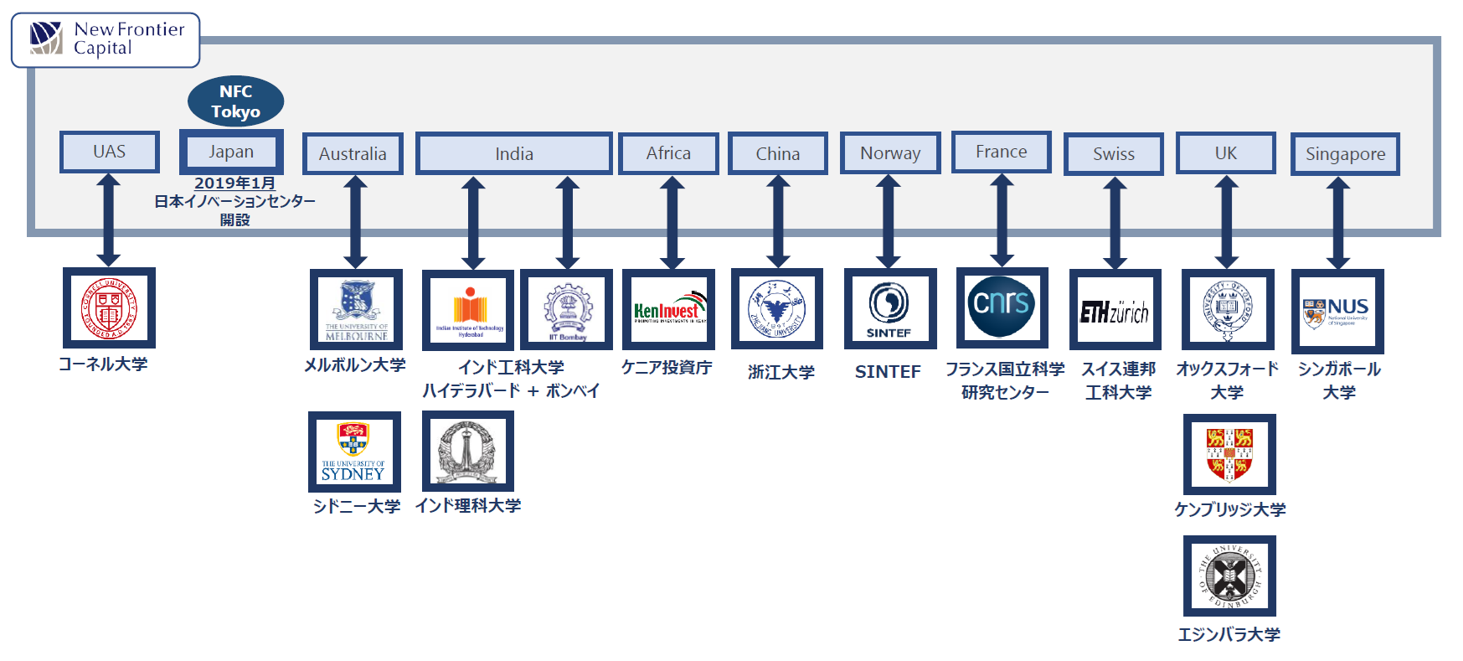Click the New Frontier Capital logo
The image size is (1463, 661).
[x=106, y=39]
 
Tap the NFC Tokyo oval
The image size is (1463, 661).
[x=235, y=101]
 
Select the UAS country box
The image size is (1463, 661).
[x=110, y=152]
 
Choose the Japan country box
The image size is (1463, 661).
[x=231, y=152]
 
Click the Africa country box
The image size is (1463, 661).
[x=668, y=153]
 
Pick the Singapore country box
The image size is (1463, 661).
[x=1345, y=154]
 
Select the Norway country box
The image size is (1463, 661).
[x=890, y=153]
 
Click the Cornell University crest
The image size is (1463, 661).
[x=109, y=308]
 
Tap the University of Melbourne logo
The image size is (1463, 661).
[x=356, y=310]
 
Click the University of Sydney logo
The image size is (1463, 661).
[x=354, y=452]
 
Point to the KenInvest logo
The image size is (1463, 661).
[x=668, y=310]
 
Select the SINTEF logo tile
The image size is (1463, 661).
[x=889, y=309]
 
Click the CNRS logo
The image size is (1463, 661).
[x=1002, y=307]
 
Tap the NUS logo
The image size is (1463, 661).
[x=1337, y=312]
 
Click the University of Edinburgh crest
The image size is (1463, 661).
[x=1229, y=576]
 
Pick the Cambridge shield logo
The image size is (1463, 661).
[x=1229, y=455]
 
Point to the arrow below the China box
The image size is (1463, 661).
[x=778, y=221]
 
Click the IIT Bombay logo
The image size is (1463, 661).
[x=567, y=310]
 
